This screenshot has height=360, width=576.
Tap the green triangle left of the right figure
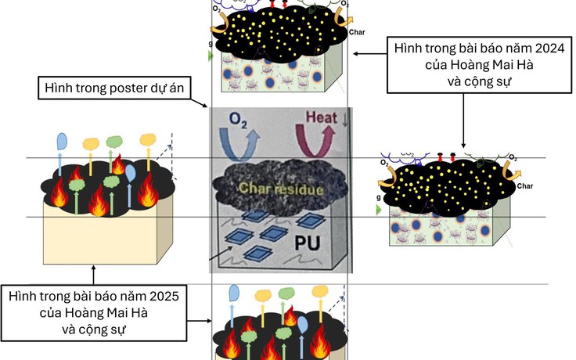pos(379,210)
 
